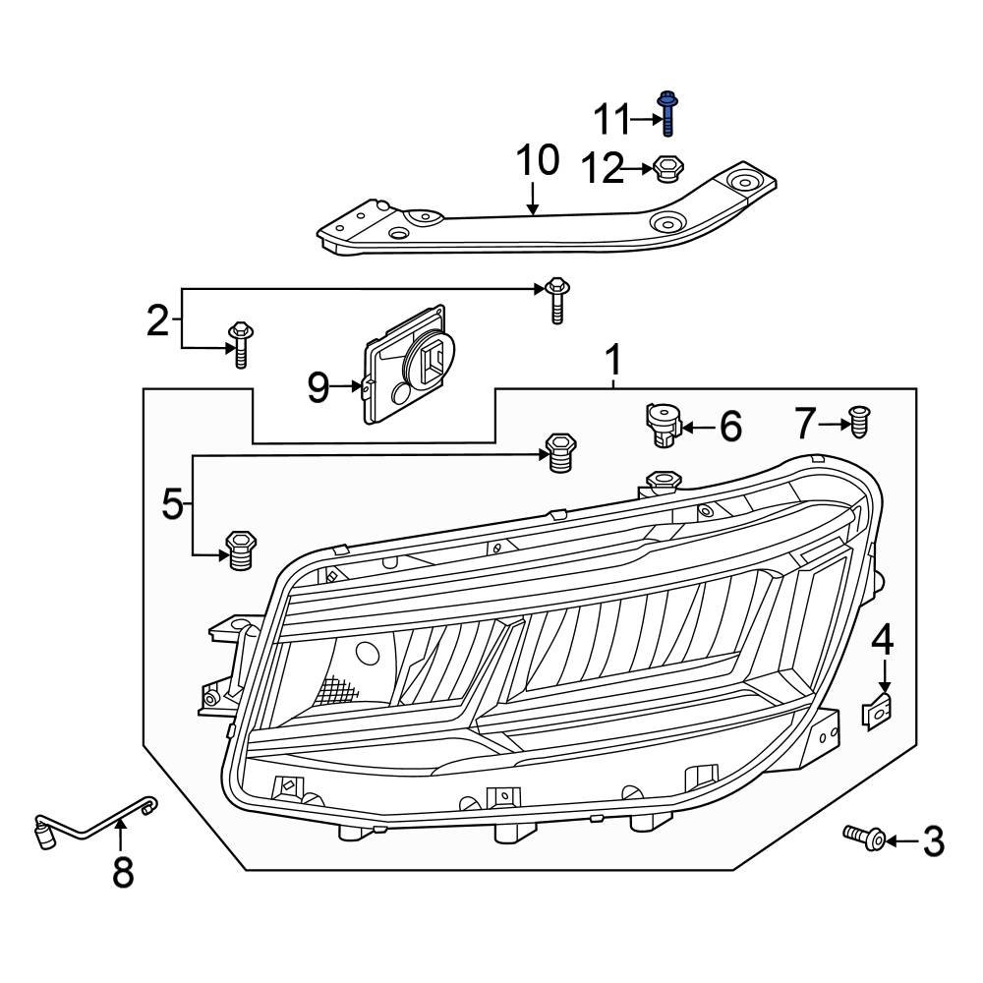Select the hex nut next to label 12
(x=667, y=169)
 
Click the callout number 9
(x=318, y=387)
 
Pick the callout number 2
(x=157, y=320)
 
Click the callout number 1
(x=612, y=362)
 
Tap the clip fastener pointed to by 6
(x=663, y=425)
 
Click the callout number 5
(x=172, y=505)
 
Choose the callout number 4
(x=883, y=640)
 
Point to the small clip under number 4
(x=878, y=709)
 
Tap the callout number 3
(x=932, y=841)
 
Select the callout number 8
(x=122, y=871)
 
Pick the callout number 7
(x=805, y=425)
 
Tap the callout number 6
(x=730, y=427)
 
